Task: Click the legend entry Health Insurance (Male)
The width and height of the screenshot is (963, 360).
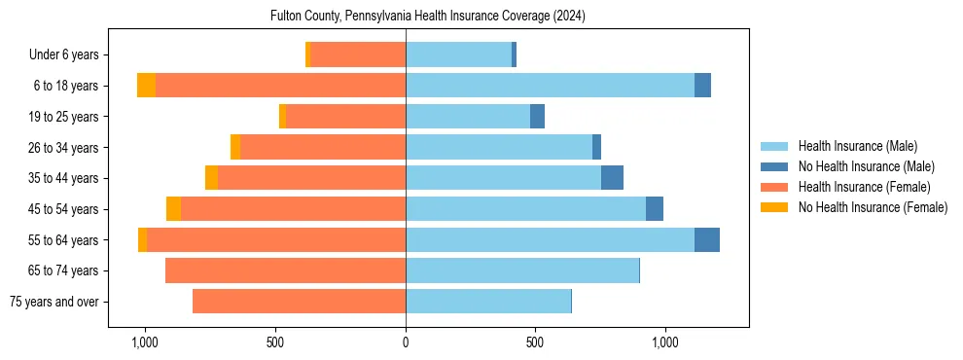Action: tap(857, 146)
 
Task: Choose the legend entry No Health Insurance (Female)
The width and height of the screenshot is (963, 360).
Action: tap(873, 207)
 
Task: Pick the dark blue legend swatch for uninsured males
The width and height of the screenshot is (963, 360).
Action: tap(774, 166)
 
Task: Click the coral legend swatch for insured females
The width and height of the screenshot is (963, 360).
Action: tap(774, 187)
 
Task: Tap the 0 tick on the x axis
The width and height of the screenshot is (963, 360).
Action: tap(406, 342)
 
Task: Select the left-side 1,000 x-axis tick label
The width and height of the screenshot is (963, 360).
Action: tap(144, 342)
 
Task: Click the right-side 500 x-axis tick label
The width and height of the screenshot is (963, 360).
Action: tap(535, 342)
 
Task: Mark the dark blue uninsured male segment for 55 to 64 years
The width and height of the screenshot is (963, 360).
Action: tap(707, 239)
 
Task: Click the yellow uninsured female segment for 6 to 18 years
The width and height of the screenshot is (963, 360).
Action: tap(146, 86)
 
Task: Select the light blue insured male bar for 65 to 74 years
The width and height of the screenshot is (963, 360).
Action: tap(521, 270)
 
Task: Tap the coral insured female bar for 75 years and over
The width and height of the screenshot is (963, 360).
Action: tap(299, 302)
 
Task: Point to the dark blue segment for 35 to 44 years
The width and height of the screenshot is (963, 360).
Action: tap(612, 178)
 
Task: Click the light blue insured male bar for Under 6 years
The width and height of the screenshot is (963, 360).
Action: tap(458, 54)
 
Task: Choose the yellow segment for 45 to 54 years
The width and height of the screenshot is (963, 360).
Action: tap(173, 209)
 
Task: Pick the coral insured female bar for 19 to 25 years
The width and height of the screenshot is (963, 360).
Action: tap(345, 117)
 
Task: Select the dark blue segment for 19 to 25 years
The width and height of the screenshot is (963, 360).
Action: tap(537, 117)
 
